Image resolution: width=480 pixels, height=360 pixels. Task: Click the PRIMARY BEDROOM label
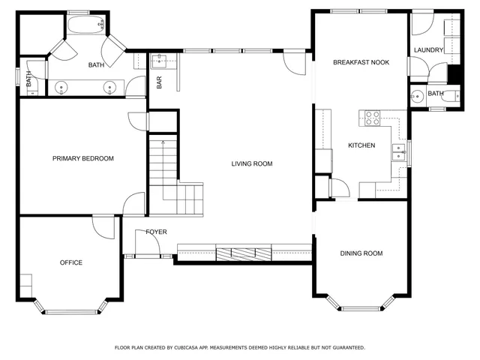82,158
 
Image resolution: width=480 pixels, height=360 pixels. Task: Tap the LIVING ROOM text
251,163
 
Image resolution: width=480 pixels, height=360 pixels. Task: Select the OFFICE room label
71,262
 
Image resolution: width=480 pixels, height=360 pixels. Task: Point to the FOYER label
156,232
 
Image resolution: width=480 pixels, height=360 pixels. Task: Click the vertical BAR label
159,82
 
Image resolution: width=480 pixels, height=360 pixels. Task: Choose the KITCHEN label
361,145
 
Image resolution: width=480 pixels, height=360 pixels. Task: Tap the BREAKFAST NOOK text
361,62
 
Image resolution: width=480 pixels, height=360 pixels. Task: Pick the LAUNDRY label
428,50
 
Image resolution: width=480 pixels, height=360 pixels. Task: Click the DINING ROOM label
361,253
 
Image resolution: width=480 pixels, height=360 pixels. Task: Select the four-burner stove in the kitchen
373,118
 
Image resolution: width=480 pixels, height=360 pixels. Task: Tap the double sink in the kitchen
397,152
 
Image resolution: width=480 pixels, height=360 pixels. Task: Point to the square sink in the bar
160,61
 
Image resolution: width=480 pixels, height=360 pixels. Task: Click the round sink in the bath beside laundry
415,94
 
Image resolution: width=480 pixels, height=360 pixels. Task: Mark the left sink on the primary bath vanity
61,88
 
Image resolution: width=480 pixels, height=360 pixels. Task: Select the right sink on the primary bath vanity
111,88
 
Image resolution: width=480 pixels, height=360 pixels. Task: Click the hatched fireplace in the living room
244,253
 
